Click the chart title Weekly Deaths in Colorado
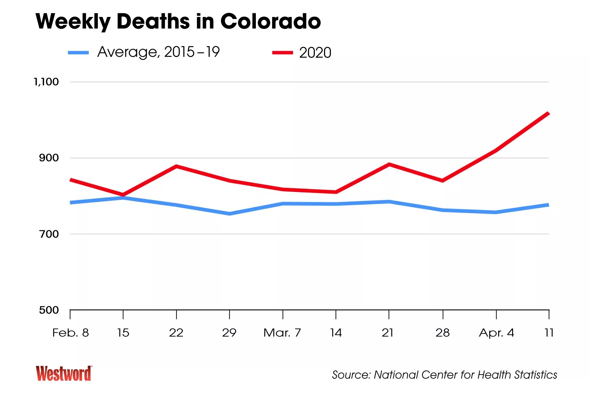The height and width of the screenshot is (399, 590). [x=178, y=21]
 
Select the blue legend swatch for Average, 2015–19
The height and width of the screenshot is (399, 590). [x=78, y=53]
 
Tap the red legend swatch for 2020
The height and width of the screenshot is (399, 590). [x=282, y=53]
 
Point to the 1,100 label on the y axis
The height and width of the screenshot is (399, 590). [x=46, y=82]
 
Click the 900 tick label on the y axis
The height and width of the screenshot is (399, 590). [x=49, y=158]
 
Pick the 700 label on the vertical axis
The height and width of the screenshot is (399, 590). [x=49, y=234]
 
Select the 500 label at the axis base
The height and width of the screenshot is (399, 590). [x=49, y=310]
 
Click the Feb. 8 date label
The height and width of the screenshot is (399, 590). [x=70, y=333]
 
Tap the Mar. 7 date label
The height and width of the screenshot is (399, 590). [x=282, y=333]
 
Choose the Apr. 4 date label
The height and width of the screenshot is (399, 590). [x=496, y=333]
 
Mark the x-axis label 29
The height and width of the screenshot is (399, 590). [x=229, y=333]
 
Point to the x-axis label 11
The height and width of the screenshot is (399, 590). [x=549, y=333]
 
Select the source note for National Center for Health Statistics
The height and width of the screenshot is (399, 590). [x=444, y=375]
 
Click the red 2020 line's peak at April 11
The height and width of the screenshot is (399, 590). [x=548, y=114]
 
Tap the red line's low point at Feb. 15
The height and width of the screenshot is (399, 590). [x=123, y=195]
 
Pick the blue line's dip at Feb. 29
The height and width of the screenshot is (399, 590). [x=229, y=214]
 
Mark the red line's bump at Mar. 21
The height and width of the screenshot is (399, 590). [x=389, y=164]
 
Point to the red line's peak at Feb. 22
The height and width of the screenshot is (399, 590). [x=176, y=166]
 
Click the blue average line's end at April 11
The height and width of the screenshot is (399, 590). [x=548, y=205]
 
